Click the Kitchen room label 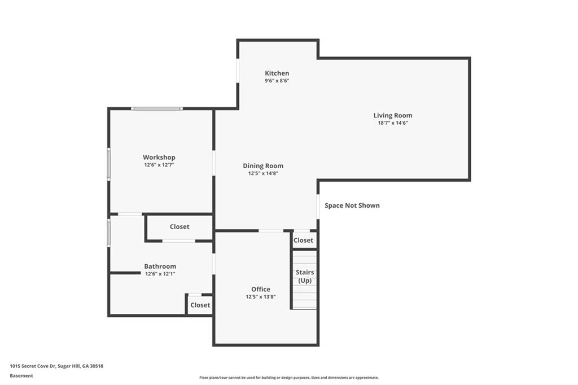coord(277,73)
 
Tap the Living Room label coord(393,115)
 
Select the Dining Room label coord(263,166)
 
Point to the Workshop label coord(159,158)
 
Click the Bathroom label coord(160,266)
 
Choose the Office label coord(261,289)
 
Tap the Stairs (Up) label coord(305,276)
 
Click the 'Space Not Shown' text coord(352,205)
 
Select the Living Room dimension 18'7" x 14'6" coord(393,123)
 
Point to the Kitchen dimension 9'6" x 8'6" coord(277,81)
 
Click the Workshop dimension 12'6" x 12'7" coord(159,165)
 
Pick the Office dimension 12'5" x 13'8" coord(261,296)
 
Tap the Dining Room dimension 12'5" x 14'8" coord(263,173)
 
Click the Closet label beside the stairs coord(303,240)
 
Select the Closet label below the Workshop coord(179,227)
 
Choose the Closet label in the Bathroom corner coord(200,305)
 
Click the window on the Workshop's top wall coord(157,108)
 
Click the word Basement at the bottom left coord(21,376)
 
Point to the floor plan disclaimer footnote coord(289,378)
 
